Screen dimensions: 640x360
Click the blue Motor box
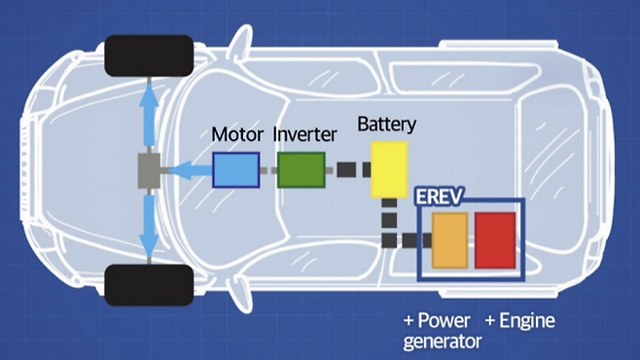click(236, 170)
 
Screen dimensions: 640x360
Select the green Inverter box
click(302, 170)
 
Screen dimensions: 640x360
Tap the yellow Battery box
click(389, 170)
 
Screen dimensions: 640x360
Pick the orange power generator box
click(449, 240)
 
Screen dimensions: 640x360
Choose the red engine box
click(495, 240)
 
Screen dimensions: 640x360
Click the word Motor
click(237, 134)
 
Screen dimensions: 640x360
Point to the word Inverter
click(304, 134)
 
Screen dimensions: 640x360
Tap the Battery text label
click(387, 125)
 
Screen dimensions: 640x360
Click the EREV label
click(440, 197)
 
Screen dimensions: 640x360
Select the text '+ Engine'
click(520, 321)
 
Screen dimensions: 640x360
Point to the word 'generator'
click(443, 342)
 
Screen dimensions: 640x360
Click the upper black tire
click(149, 55)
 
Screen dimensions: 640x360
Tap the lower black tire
click(149, 285)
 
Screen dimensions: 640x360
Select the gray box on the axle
click(149, 170)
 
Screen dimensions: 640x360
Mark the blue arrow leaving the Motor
click(190, 170)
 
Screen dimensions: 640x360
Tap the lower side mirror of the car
click(240, 297)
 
